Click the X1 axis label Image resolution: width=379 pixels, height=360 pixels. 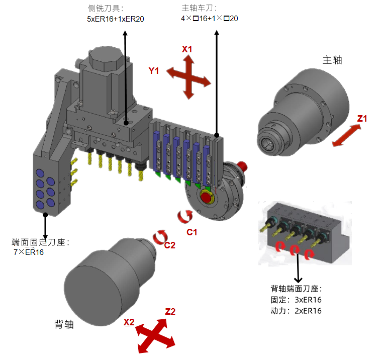187,49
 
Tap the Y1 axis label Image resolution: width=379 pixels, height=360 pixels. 154,71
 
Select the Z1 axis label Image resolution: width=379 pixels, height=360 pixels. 362,119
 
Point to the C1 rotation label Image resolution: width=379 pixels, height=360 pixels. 192,232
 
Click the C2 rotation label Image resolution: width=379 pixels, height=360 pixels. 170,245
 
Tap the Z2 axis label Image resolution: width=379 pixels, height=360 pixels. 170,312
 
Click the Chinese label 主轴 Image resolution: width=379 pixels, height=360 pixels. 332,60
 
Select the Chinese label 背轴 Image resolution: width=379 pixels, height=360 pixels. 64,324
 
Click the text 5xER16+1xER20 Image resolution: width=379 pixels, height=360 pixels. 116,19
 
